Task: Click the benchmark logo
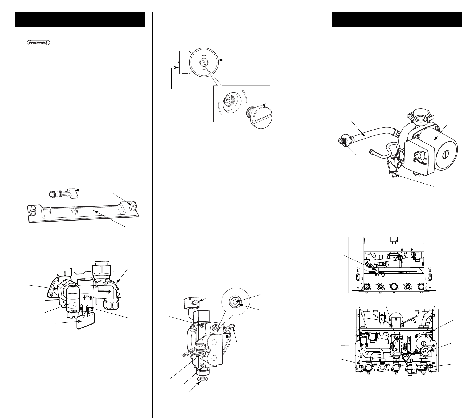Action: coord(39,43)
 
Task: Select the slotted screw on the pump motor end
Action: coord(446,155)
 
